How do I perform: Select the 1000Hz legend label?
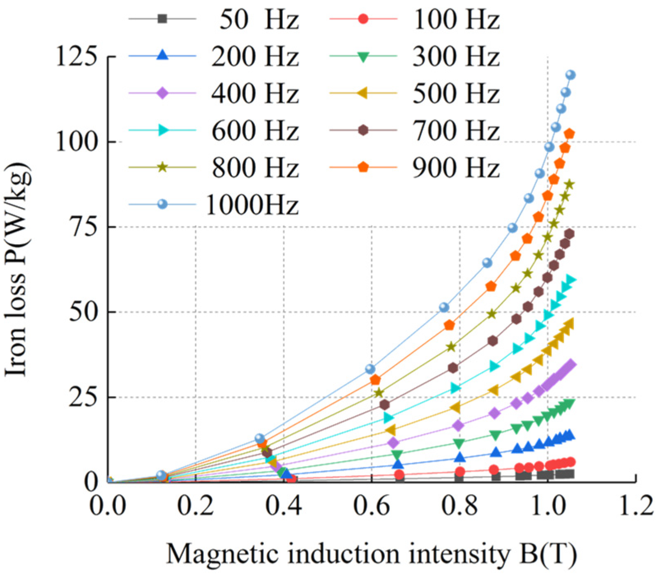(252, 204)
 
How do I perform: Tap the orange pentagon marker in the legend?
(363, 167)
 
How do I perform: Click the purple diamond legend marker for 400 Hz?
(162, 93)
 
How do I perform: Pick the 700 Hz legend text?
(455, 130)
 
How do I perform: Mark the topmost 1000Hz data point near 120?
(570, 75)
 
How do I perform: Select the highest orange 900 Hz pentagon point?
(570, 134)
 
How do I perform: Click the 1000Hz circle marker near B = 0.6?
(370, 369)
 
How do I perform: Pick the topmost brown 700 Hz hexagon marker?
(569, 234)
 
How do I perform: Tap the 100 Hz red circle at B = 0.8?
(460, 471)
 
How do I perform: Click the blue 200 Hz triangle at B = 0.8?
(460, 457)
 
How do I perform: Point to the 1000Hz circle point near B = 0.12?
(162, 475)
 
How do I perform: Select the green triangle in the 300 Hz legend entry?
(363, 57)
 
